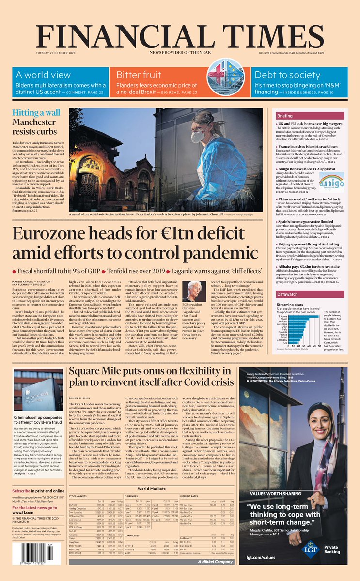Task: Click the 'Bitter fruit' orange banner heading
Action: [139, 75]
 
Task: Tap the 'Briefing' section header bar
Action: [298, 116]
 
